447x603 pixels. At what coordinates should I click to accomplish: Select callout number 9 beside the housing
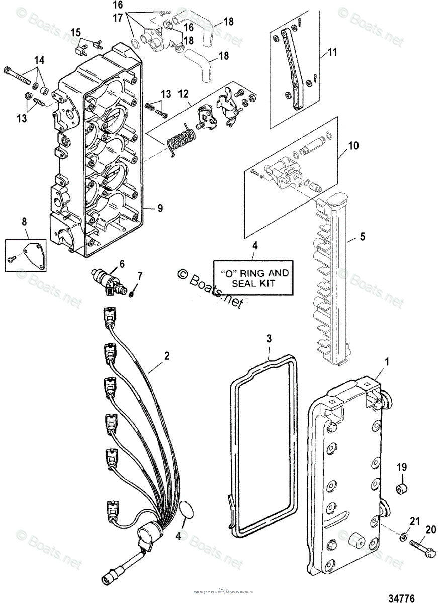point(160,206)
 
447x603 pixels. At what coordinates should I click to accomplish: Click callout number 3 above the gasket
point(269,339)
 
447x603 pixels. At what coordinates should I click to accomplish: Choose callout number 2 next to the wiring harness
point(166,356)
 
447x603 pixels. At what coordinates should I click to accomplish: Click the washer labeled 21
point(403,537)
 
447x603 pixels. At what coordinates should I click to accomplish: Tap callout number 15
point(75,33)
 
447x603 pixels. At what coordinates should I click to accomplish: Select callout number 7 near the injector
point(140,276)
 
